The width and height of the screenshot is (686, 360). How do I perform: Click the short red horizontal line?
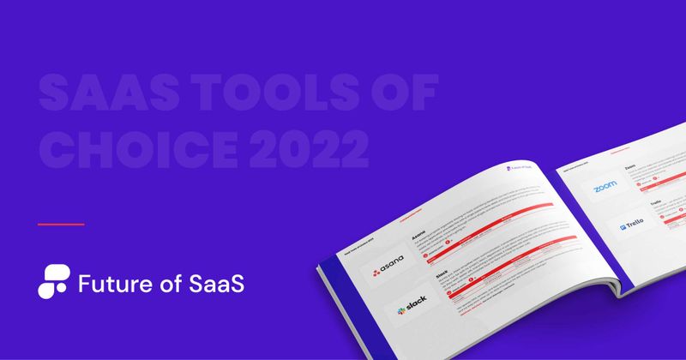tap(61, 224)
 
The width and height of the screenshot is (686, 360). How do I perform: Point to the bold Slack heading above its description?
tap(441, 270)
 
